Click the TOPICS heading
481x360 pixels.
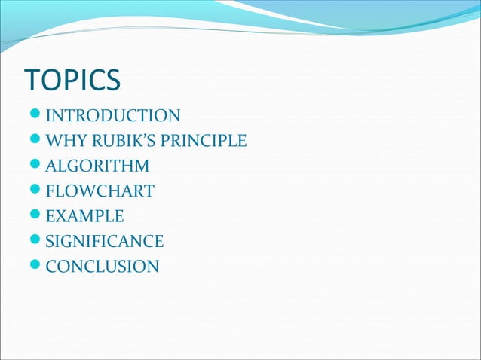[72, 81]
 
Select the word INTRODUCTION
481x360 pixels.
[113, 116]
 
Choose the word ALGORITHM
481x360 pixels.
[97, 166]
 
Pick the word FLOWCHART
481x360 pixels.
[100, 191]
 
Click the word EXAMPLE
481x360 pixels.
[84, 216]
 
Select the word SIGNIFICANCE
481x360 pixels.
[104, 241]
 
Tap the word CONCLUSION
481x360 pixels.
[102, 267]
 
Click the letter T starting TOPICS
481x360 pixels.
[33, 81]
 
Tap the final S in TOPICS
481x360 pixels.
[112, 81]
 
